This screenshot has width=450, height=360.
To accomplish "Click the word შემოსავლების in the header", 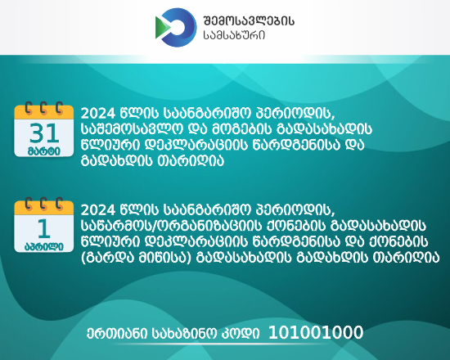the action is pos(249,20).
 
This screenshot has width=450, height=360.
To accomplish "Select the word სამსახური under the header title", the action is pos(234,35).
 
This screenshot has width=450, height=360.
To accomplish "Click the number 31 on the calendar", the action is pos(44,133).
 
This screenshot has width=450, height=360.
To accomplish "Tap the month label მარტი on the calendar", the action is pos(44,151).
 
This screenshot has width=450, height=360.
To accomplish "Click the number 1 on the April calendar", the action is pos(44,229).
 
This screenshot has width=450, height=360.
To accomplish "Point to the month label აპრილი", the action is pos(44,246).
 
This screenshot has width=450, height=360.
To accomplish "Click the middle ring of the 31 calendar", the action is pos(43,108).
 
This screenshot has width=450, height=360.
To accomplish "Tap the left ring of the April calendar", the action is pos(28,204).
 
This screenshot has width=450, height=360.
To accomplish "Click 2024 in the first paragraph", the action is pos(98,114).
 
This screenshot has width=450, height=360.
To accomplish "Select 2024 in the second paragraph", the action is pos(98,210).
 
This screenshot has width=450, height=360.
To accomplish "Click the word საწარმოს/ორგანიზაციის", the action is pos(171,226).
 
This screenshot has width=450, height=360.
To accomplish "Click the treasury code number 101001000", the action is pos(316,332).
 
